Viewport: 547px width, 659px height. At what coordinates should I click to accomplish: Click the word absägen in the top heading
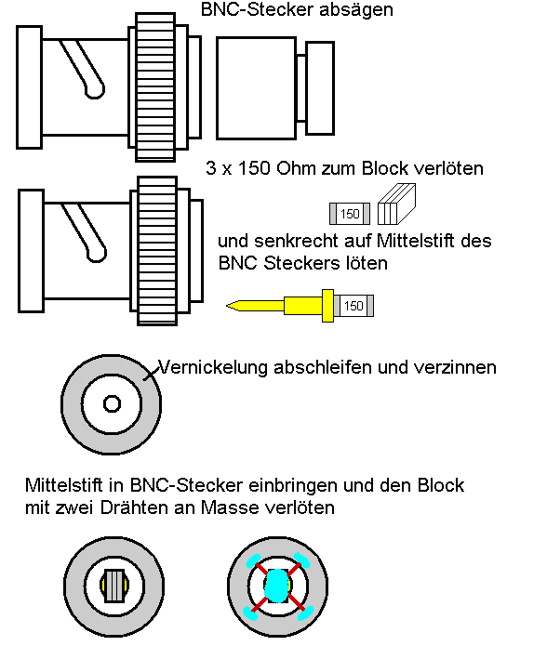(356, 10)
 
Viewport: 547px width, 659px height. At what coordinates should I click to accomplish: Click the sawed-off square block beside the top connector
(256, 88)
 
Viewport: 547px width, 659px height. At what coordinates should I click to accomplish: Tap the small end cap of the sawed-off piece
(320, 88)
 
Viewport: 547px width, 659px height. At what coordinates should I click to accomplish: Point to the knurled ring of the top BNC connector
(155, 87)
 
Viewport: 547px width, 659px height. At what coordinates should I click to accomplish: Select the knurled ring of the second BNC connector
(157, 250)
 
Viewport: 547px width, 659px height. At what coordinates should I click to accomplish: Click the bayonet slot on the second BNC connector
(85, 233)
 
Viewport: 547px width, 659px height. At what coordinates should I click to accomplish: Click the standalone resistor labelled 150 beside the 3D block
(350, 214)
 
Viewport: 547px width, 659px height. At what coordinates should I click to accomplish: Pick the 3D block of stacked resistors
(397, 204)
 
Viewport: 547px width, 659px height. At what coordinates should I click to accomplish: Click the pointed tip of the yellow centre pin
(227, 306)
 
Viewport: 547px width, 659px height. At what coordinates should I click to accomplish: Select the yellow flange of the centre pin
(327, 306)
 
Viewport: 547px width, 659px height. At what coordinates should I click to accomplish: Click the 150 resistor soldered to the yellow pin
(354, 306)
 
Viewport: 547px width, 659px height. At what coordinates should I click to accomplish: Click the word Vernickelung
(213, 367)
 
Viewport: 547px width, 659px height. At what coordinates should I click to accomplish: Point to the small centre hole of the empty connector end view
(112, 404)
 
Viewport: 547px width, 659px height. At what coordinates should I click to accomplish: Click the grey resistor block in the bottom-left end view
(114, 586)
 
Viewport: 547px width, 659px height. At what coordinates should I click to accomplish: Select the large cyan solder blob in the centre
(277, 586)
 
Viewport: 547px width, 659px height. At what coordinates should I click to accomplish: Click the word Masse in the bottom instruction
(230, 507)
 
